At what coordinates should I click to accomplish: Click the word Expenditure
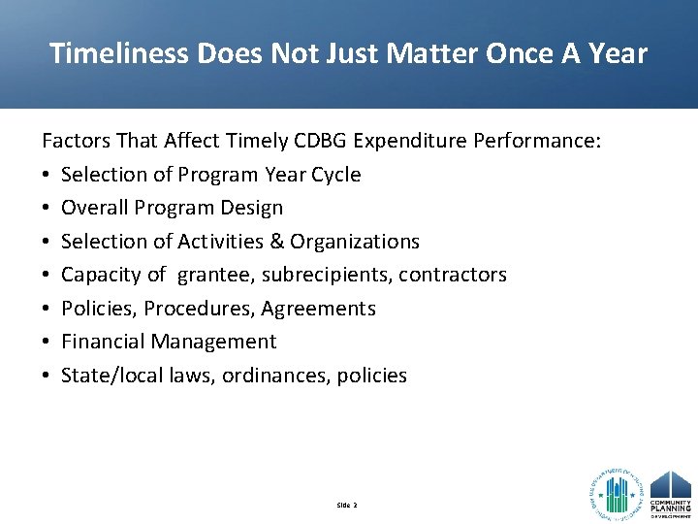coord(411,142)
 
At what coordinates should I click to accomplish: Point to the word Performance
coord(537,142)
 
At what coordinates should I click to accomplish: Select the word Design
coord(251,208)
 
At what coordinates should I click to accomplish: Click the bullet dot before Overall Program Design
coord(47,209)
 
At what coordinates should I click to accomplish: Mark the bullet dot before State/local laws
coord(47,377)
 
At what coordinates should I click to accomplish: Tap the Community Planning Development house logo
coord(671,493)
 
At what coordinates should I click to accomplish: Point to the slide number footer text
coord(347,506)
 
